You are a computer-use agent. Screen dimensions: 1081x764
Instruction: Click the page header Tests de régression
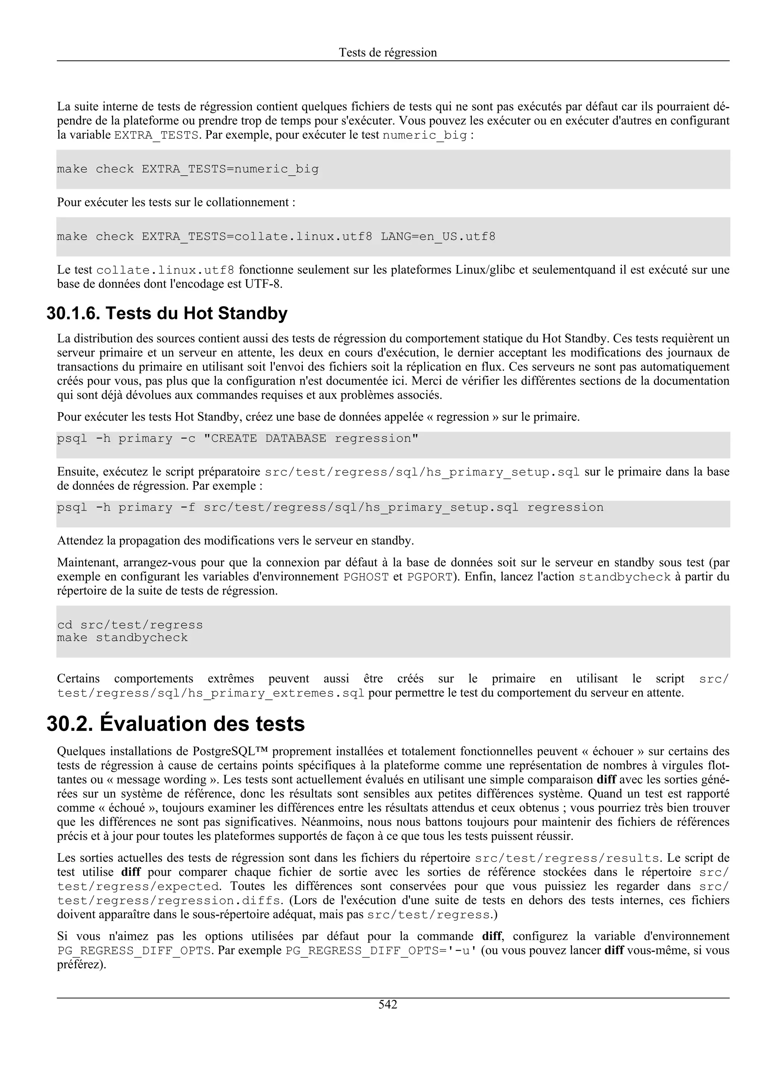(388, 52)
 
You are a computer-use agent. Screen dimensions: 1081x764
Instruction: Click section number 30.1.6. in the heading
(73, 314)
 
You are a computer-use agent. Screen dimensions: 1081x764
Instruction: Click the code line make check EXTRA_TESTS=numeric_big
(187, 169)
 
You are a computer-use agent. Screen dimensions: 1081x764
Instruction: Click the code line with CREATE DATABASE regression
(237, 439)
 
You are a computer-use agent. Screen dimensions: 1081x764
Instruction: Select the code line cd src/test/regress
(130, 625)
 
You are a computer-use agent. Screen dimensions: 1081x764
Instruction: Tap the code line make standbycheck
(122, 637)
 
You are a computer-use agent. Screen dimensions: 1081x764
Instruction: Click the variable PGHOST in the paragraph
(366, 577)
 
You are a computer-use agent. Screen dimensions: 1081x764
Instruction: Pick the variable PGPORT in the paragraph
(429, 577)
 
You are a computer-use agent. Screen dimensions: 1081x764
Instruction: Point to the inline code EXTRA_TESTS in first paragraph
(156, 136)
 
